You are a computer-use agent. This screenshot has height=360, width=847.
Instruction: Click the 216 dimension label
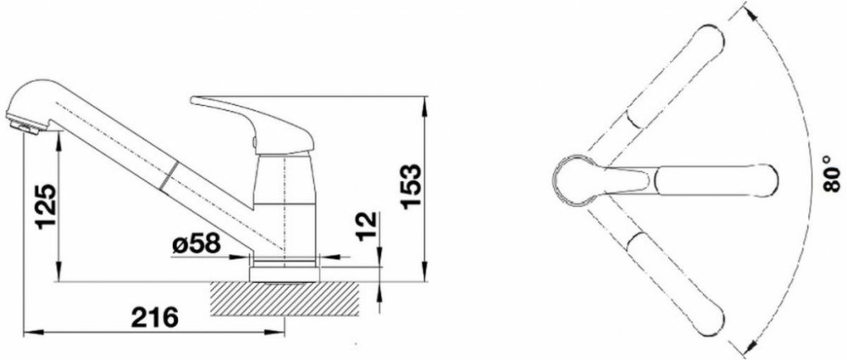pyautogui.click(x=154, y=318)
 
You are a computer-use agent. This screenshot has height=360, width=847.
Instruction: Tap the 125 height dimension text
pyautogui.click(x=47, y=207)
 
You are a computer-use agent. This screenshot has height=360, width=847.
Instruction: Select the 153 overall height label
pyautogui.click(x=412, y=186)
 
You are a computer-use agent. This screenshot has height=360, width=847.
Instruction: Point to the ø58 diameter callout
pyautogui.click(x=197, y=244)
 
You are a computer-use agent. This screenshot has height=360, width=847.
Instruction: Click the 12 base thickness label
pyautogui.click(x=366, y=226)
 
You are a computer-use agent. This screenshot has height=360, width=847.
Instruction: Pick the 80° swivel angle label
pyautogui.click(x=833, y=174)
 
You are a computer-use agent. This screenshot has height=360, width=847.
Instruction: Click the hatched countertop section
pyautogui.click(x=284, y=298)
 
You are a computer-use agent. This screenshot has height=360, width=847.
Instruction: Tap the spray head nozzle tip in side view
pyautogui.click(x=25, y=126)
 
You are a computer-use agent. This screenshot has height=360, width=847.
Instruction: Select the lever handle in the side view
pyautogui.click(x=254, y=124)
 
